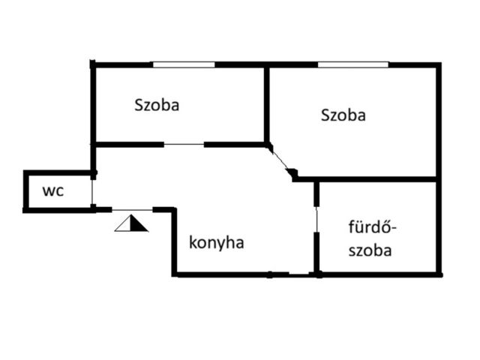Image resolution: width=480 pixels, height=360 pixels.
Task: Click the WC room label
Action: coord(53,191)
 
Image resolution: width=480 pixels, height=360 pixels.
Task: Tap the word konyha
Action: coord(217,243)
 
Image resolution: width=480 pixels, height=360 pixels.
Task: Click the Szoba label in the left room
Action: coord(157,105)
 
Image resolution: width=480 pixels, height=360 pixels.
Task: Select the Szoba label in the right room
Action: coord(343,115)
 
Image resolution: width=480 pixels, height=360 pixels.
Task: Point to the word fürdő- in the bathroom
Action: coord(373,227)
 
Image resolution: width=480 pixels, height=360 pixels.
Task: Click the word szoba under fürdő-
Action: coord(370,250)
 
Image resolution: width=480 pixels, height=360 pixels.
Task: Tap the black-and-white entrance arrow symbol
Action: coord(131,223)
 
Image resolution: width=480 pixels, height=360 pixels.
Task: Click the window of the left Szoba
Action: coord(184,64)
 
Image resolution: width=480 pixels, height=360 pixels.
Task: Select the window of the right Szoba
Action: coord(353,64)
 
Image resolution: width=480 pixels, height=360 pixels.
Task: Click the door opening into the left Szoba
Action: coord(184,144)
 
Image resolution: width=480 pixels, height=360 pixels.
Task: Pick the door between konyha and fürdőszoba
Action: coord(316,219)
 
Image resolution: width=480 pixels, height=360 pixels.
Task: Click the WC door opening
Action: coord(91,192)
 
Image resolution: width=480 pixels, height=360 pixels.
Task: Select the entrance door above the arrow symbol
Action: coord(132,210)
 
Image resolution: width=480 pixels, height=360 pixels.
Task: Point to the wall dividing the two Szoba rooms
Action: coord(267,105)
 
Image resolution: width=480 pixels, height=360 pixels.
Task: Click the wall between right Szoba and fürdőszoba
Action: coord(367,179)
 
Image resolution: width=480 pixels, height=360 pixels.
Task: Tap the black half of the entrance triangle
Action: coord(137,224)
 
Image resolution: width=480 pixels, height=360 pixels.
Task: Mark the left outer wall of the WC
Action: coord(25,191)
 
